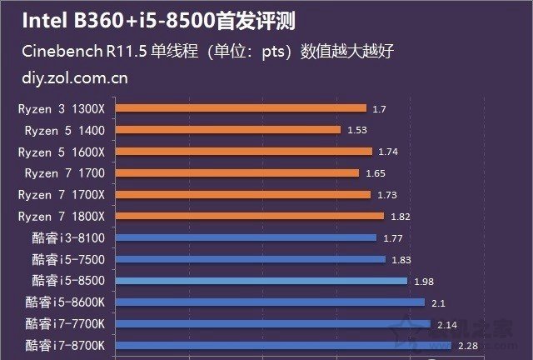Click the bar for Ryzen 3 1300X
241,108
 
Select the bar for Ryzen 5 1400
227,130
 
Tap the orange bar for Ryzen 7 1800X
250,216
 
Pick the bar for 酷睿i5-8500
262,281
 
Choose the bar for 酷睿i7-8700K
283,345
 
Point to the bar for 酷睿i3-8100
246,237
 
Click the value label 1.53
356,130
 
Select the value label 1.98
424,282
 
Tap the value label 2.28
467,346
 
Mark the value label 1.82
401,217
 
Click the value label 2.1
438,302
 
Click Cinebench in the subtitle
60,52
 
